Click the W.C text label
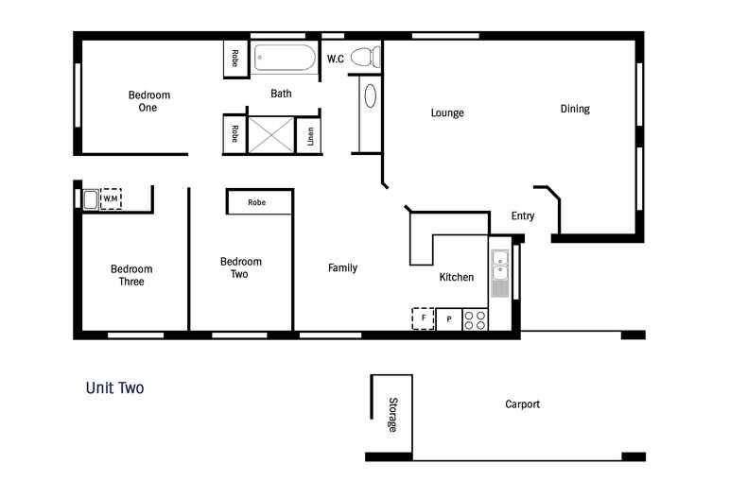pos(336,60)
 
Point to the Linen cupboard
pos(309,136)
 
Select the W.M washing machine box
pos(111,198)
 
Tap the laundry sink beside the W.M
pos(91,199)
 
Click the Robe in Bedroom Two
pos(257,202)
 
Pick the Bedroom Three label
pos(131,275)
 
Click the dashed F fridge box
pos(423,319)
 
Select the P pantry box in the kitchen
pos(448,320)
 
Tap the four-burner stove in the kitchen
pos(475,320)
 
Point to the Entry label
pos(523,216)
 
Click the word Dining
pos(575,109)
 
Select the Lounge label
pos(447,113)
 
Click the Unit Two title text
pos(114,387)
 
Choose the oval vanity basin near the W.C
pos(370,96)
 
